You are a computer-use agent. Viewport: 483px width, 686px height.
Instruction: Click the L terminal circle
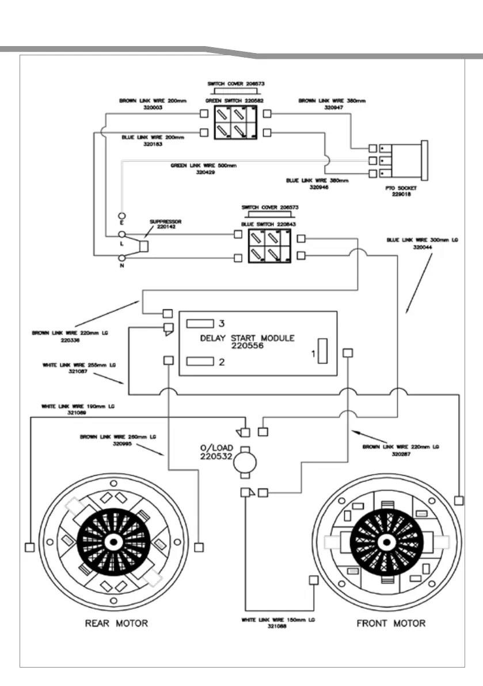click(x=122, y=235)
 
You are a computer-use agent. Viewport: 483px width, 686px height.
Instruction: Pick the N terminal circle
click(x=122, y=259)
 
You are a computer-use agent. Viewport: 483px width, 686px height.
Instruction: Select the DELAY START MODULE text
click(x=246, y=338)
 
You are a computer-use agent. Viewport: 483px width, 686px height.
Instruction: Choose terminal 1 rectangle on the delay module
click(x=322, y=351)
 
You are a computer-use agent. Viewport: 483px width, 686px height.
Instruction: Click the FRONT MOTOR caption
click(x=392, y=623)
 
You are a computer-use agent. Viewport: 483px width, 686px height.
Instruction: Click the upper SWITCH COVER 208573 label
click(x=235, y=84)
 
